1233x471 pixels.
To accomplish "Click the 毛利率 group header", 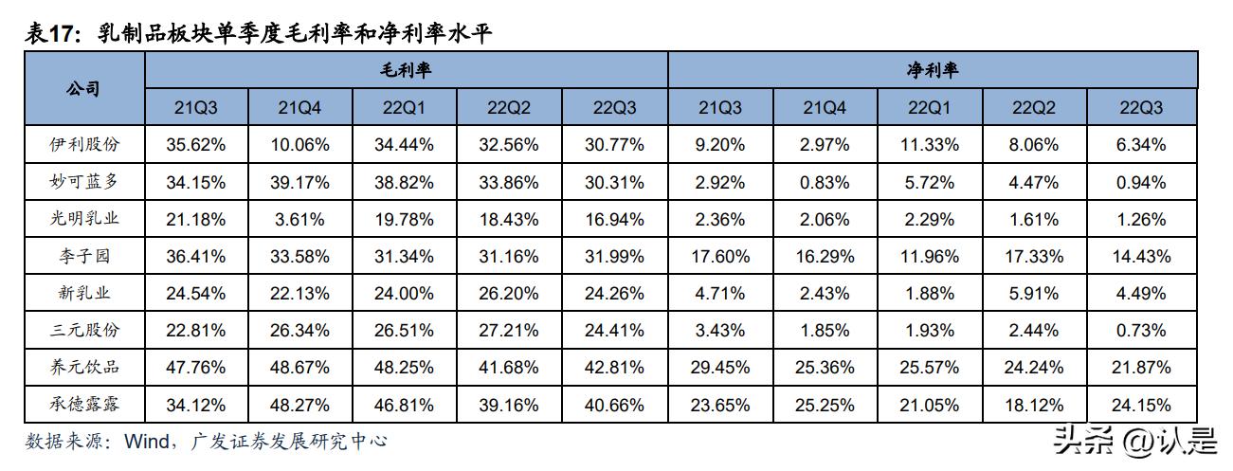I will (407, 71).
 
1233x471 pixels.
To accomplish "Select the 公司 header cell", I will (84, 89).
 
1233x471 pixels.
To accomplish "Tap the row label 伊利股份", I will (84, 145).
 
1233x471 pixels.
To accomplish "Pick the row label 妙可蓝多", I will (84, 182).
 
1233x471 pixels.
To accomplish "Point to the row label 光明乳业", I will (84, 219).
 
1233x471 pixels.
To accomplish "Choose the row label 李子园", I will (84, 256).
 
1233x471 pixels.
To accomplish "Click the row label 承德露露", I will (84, 405).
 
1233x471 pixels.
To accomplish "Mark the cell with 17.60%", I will (722, 256).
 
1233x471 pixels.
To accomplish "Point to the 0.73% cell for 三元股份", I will (1141, 331).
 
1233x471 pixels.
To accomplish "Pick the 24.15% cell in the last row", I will (1141, 405).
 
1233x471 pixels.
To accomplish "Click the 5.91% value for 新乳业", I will (1036, 294).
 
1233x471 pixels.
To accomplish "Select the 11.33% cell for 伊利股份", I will (931, 145).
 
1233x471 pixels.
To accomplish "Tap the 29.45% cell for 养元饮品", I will (722, 368).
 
